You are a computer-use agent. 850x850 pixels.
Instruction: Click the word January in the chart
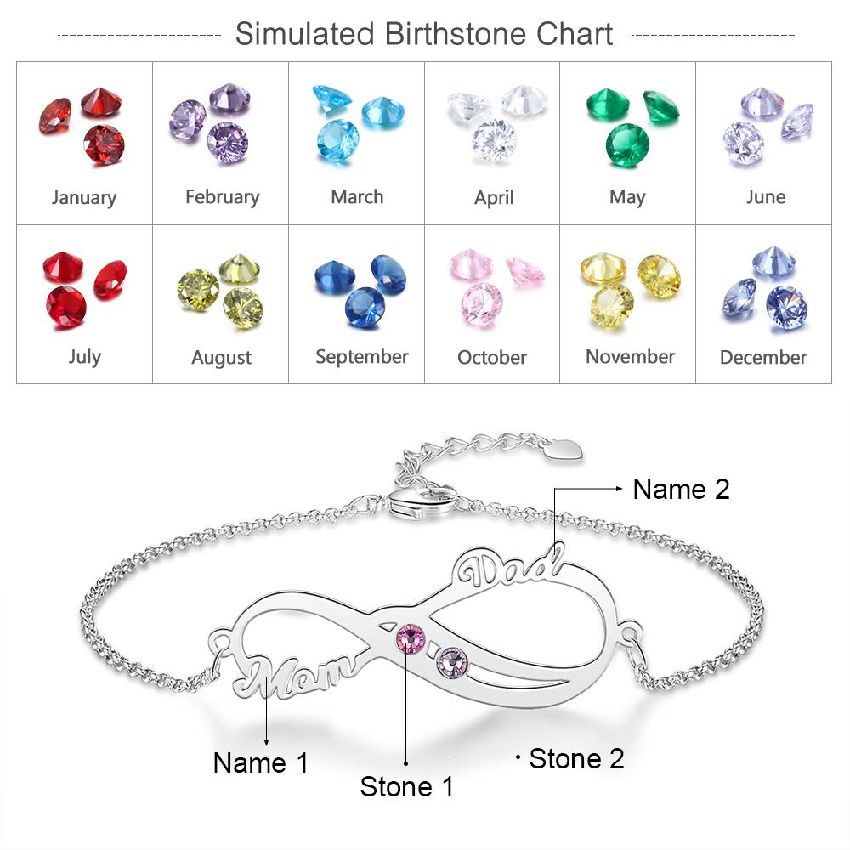[84, 198]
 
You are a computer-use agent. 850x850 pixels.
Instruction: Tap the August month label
[221, 358]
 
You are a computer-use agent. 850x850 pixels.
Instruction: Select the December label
[763, 358]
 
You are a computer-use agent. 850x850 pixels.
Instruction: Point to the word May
[627, 198]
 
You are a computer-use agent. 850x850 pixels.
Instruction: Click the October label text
[492, 358]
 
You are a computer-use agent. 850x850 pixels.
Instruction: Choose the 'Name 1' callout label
[261, 762]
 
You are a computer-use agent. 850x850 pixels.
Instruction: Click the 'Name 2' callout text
[681, 489]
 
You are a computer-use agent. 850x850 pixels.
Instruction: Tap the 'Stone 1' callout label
[407, 786]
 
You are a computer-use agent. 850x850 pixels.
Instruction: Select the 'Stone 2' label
[576, 758]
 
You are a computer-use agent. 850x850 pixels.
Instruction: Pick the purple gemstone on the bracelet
[450, 661]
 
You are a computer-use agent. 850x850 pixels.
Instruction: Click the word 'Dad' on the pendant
[510, 570]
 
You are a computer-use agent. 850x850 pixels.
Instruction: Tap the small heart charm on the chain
[565, 448]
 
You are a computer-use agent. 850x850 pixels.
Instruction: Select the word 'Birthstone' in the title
[456, 35]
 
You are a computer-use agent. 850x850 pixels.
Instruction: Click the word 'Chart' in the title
[574, 35]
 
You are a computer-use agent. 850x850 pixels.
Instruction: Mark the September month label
[362, 357]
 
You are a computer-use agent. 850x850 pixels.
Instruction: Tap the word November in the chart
[630, 357]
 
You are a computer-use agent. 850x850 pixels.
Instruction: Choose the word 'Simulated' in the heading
[304, 35]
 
